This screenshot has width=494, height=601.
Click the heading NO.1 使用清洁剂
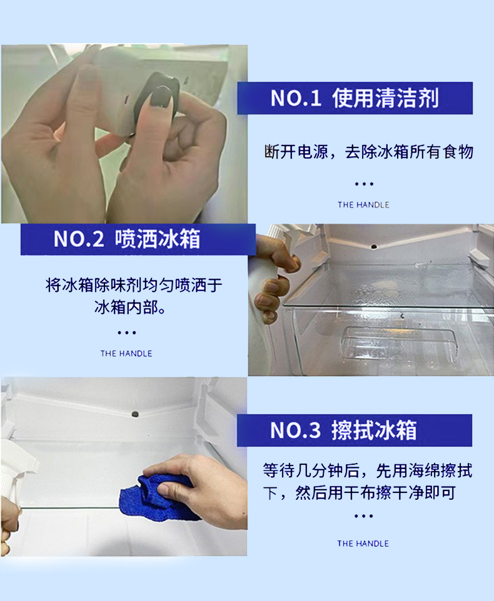click(x=355, y=98)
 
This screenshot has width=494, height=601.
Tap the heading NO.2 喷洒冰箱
click(x=126, y=239)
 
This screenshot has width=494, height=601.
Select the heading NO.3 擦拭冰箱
click(x=343, y=430)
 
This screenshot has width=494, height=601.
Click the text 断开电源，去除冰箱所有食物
click(x=368, y=152)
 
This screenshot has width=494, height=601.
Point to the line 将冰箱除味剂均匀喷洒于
click(x=134, y=285)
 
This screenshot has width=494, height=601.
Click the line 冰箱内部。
click(x=130, y=307)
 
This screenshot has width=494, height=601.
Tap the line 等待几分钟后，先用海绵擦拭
click(x=367, y=470)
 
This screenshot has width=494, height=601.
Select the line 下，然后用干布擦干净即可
click(x=360, y=492)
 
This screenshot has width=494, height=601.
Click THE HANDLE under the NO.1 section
click(x=363, y=205)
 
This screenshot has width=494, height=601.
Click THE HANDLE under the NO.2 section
click(x=126, y=354)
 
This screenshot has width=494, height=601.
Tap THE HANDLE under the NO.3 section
click(x=363, y=544)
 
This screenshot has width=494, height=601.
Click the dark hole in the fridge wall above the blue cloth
click(x=135, y=414)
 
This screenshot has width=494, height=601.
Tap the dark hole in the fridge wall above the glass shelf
click(x=373, y=246)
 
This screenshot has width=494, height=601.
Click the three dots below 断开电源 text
click(x=363, y=184)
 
